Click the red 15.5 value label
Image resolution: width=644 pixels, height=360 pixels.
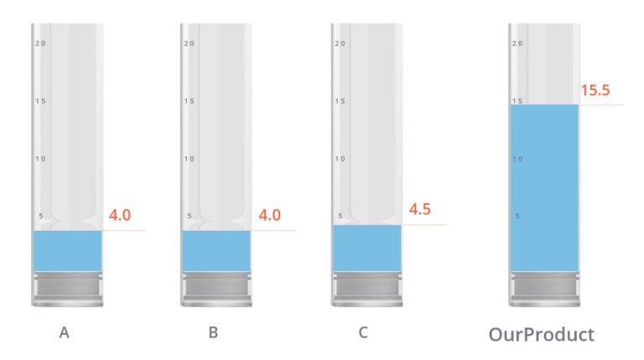click(x=595, y=90)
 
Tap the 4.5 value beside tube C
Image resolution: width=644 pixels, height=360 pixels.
click(x=420, y=209)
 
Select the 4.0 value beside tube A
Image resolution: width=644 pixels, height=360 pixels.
click(x=120, y=215)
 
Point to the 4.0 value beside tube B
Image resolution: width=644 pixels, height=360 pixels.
click(x=269, y=215)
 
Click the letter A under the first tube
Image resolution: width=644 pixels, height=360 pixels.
click(x=64, y=332)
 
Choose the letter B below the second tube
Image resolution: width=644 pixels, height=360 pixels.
click(x=213, y=332)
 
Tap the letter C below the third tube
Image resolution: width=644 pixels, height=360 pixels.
click(x=363, y=332)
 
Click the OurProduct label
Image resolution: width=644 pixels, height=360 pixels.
click(x=542, y=335)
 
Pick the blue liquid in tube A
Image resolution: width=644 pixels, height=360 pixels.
click(x=68, y=251)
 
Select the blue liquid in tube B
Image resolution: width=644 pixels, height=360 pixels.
click(x=216, y=251)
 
